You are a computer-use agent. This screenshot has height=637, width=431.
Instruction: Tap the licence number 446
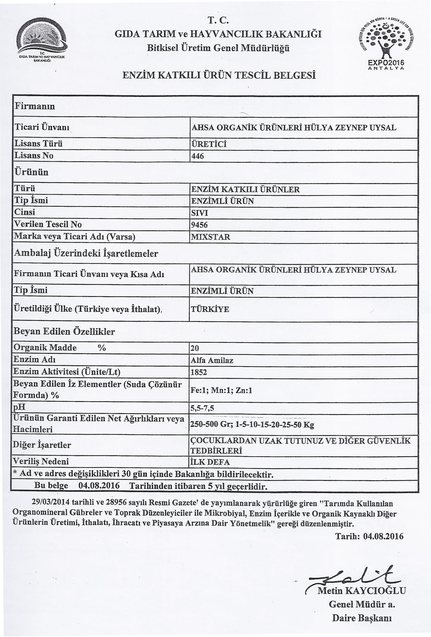(198, 156)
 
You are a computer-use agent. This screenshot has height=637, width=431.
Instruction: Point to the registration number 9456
(199, 225)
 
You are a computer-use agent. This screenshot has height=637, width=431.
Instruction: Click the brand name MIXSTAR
(210, 237)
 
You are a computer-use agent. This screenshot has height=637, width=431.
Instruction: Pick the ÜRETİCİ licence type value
(209, 144)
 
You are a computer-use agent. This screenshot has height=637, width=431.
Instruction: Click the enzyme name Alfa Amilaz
(212, 360)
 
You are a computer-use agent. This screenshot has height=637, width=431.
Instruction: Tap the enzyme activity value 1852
(199, 372)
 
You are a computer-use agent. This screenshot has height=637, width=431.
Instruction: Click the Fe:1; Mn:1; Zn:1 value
(221, 390)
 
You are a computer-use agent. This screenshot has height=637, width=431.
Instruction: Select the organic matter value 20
(195, 348)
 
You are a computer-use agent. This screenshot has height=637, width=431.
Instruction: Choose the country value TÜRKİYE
(210, 310)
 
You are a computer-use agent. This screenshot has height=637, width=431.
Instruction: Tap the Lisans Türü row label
(39, 144)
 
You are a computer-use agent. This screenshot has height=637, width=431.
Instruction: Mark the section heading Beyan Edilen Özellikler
(64, 332)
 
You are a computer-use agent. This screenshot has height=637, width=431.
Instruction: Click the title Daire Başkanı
(362, 618)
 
